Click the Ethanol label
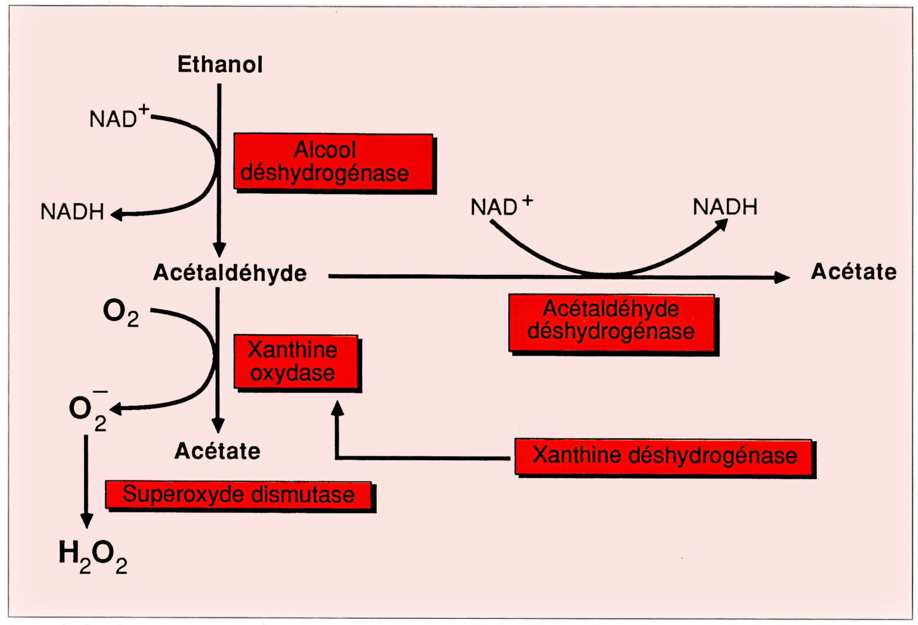pos(220,64)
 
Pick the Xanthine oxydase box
pos(296,362)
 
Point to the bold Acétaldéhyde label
pos(230,273)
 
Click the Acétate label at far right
pos(854,272)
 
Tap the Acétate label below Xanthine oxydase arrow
pos(217,451)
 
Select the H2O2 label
pos(93,556)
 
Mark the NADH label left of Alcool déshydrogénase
pos(72,212)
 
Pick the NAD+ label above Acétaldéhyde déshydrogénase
pos(500,206)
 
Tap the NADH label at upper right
pos(725,206)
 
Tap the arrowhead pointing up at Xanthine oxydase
pos(337,408)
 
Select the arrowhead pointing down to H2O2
pos(87,520)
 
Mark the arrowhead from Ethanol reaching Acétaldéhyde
pos(219,250)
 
